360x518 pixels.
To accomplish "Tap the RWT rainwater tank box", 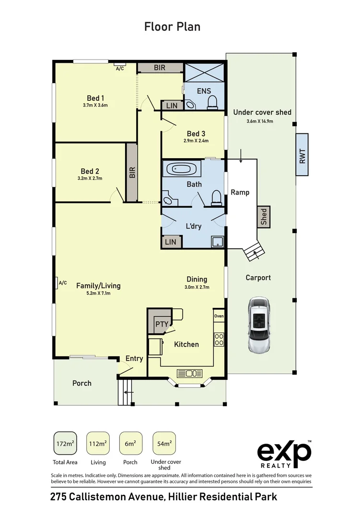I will [x=302, y=154].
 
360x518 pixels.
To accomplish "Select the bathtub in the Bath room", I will [x=181, y=169].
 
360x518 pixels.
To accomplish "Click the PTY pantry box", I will [x=162, y=324].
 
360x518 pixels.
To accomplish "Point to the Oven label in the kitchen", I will [x=219, y=316].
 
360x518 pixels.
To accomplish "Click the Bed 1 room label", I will [x=95, y=98].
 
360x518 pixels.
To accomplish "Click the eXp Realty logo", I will [x=285, y=454].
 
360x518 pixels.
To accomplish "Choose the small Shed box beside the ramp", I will [x=264, y=216].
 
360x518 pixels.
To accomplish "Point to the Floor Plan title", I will [x=172, y=26].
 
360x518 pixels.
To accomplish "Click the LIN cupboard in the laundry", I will [x=171, y=242].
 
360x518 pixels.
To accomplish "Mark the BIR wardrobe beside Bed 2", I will [x=132, y=173].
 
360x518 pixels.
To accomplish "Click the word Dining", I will [x=197, y=279].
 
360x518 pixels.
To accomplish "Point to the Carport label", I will [x=258, y=277].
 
